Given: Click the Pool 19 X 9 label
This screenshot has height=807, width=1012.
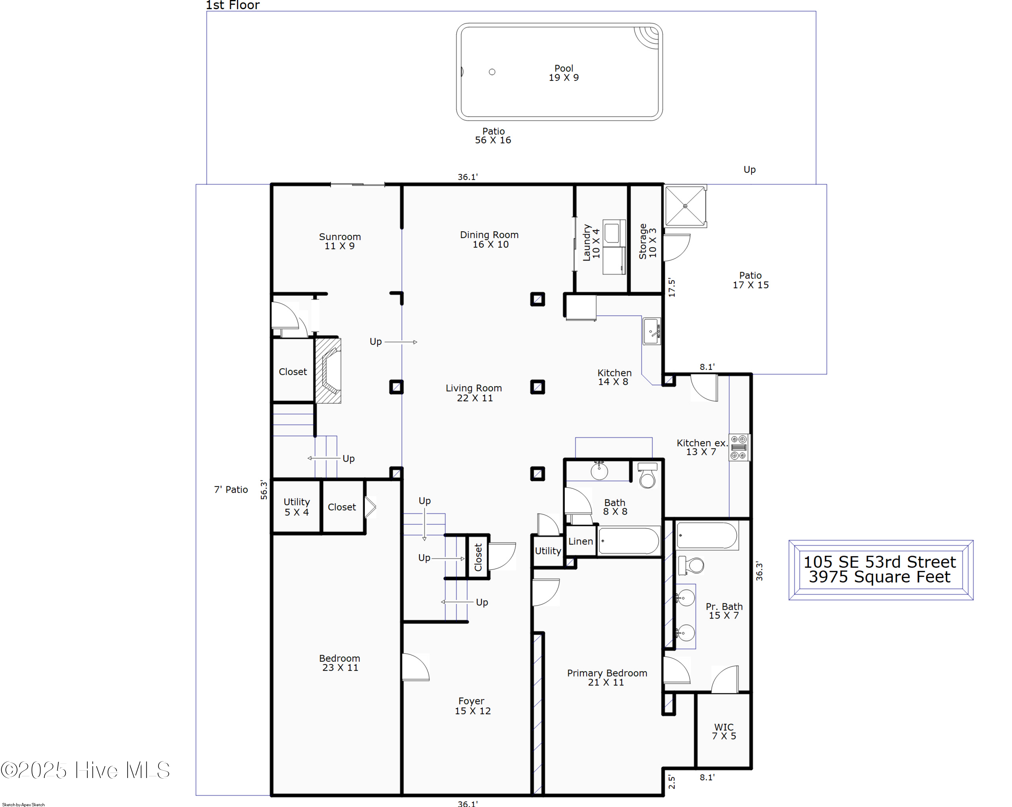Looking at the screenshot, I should pos(563,73).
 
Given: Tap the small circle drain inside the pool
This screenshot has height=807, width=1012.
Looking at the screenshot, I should pos(492,72).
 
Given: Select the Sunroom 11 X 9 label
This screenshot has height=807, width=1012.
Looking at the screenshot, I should pos(340,241).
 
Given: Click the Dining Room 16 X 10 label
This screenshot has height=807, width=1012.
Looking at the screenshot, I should pos(489,239).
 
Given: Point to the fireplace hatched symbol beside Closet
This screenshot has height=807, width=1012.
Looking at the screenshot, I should pos(328,371).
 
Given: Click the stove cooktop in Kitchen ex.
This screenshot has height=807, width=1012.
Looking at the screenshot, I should pos(738,447).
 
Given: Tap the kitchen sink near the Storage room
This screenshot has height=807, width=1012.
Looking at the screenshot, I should pos(651,331).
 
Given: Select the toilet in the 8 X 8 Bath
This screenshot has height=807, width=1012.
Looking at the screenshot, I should pos(647,475).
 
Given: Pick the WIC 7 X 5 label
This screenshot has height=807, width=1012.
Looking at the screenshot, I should pos(724,731).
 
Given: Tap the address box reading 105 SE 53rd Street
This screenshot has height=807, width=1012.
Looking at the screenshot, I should pos(880,570).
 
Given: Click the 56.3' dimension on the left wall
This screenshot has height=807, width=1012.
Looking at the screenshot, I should pos(264,489).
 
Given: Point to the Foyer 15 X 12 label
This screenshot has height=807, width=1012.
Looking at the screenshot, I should pos(472,705).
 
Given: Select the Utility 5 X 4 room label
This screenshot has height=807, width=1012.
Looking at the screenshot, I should pos(297,507).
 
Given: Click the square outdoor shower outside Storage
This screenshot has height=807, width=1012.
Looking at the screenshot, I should pos(685,206).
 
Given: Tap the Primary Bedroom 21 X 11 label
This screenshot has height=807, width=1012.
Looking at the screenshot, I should pos(607,678).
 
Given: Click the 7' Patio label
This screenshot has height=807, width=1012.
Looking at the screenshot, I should pos(231,489).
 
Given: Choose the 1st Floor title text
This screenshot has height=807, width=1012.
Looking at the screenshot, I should pos(232,5).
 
